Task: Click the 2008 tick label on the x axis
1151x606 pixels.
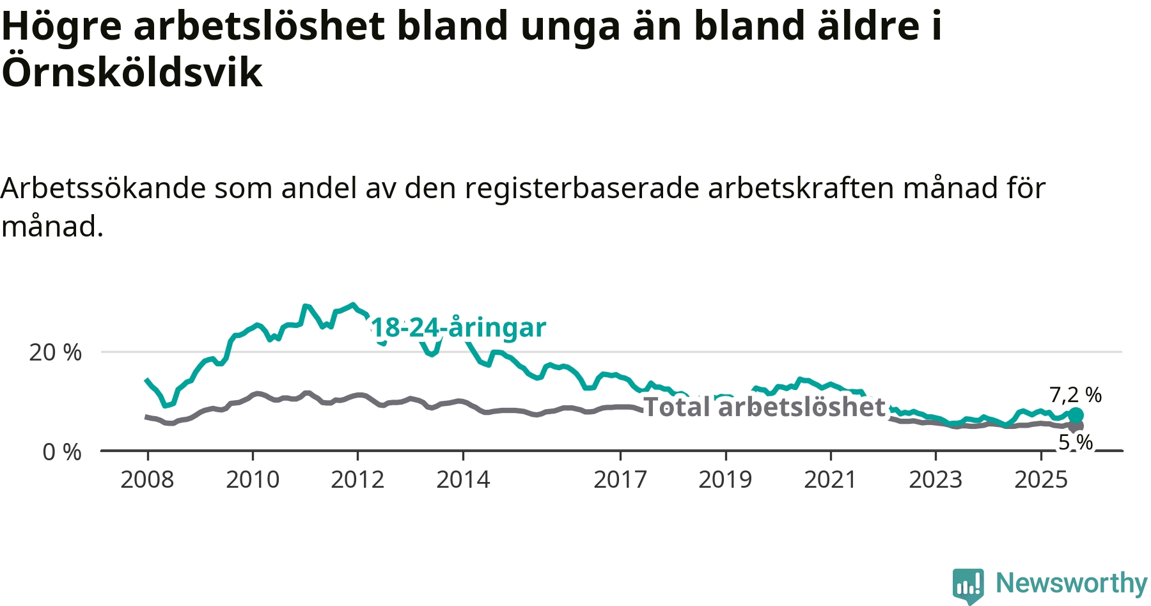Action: coord(147,479)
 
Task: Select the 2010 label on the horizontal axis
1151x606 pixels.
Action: coord(253,479)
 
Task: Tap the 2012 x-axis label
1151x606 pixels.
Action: coord(357,479)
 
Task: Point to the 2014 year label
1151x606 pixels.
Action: coord(463,479)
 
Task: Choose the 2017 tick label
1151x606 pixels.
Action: coord(620,479)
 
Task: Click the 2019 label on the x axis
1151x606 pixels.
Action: coord(725,479)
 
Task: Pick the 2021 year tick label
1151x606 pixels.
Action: coord(830,479)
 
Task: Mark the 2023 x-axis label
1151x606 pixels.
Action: coord(936,479)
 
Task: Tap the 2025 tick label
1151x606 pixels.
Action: coord(1041,479)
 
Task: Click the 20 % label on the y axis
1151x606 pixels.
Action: coord(56,352)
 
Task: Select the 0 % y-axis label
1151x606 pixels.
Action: coord(62,452)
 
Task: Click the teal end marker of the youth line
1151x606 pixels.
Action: coord(1076,415)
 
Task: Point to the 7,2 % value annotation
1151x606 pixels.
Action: coord(1076,395)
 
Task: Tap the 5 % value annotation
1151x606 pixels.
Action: coord(1076,442)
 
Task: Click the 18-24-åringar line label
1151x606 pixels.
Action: coord(458,328)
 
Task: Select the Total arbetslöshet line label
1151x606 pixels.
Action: coord(764,407)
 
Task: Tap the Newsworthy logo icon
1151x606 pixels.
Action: coord(968,585)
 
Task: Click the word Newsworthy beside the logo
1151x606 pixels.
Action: coord(1072,584)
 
